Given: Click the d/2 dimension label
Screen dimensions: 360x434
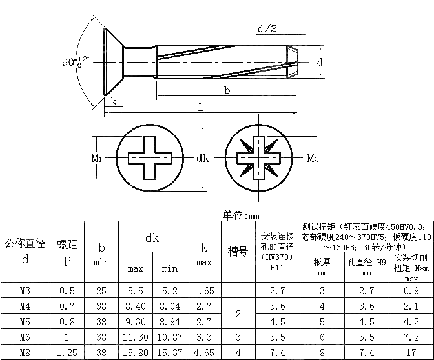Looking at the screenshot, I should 267,30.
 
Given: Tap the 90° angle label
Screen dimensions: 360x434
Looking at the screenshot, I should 75,62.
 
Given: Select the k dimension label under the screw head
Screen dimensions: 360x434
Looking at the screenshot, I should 114,101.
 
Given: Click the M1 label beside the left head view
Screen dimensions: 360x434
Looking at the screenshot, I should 96,157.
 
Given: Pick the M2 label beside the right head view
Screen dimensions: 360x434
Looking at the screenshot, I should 312,157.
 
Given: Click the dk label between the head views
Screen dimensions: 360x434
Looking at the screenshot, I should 202,158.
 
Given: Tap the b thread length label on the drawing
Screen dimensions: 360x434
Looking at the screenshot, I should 227,90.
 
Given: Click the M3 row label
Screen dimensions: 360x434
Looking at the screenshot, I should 25,291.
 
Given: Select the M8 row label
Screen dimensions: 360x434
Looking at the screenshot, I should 25,352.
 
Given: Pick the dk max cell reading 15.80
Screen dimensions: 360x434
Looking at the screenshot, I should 135,352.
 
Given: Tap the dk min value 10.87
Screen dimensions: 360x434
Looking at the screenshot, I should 169,337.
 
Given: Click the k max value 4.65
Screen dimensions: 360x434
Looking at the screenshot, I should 203,352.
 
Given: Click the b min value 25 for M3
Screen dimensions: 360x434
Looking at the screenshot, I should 101,291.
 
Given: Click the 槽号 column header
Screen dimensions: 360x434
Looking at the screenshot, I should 238,252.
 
